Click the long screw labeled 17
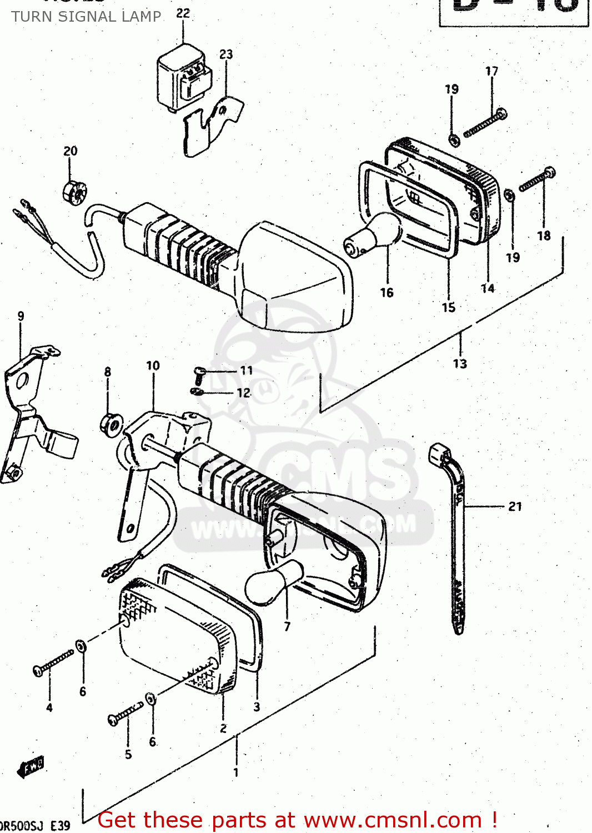point(484,123)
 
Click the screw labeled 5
point(125,714)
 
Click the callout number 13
point(460,364)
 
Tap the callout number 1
point(236,772)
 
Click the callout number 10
point(153,365)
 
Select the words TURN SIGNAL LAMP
point(87,17)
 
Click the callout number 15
point(448,307)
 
